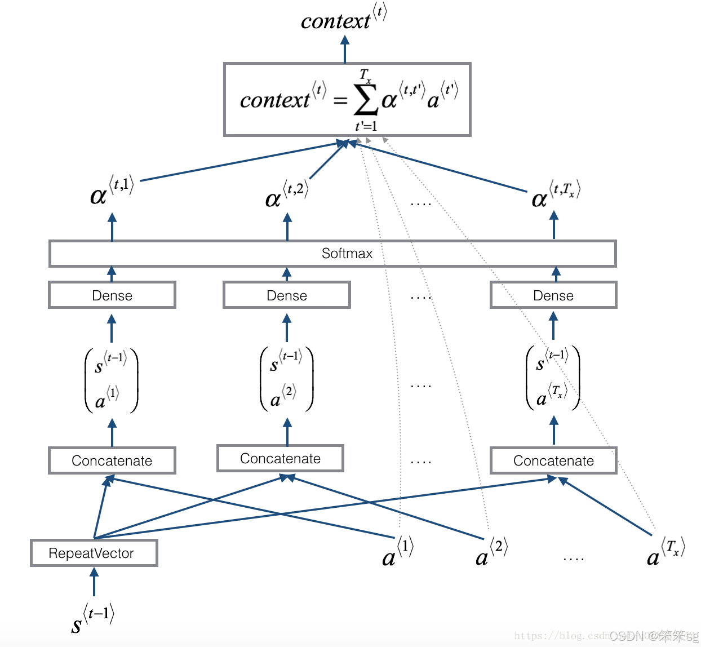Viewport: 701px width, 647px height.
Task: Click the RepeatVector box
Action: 94,553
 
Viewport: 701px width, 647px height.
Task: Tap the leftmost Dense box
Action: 112,295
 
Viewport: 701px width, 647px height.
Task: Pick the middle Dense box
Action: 287,295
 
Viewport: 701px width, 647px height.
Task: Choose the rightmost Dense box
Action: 553,295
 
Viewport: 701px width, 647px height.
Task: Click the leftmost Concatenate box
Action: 112,460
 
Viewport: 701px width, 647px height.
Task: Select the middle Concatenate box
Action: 280,458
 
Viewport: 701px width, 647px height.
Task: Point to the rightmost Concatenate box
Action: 553,460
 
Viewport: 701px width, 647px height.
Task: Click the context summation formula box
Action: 347,100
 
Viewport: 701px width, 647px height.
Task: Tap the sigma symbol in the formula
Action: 365,100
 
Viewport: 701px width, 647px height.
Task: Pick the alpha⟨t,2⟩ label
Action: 286,194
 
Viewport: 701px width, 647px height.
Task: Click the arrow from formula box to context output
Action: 345,50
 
